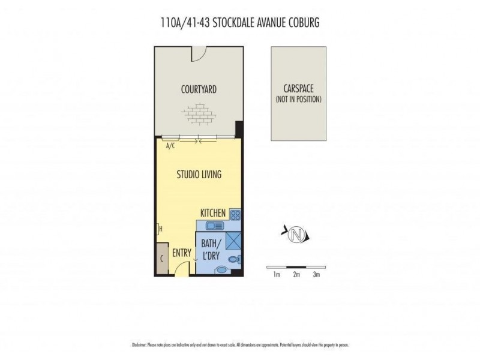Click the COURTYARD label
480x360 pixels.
[199, 90]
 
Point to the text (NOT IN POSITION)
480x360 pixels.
[298, 99]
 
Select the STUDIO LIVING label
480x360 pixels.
[199, 175]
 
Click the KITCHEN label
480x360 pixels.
[213, 213]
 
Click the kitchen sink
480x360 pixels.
[213, 226]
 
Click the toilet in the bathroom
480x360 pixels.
[238, 259]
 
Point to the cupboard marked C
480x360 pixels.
[161, 259]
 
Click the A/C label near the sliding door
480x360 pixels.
[170, 145]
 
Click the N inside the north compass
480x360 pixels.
[294, 233]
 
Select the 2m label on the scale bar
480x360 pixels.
[296, 275]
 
